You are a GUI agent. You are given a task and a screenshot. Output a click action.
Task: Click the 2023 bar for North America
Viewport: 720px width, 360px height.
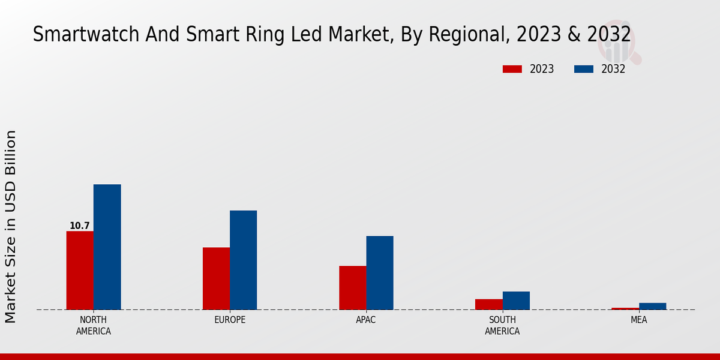(80, 270)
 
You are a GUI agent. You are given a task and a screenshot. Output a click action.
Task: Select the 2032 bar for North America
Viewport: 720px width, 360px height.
(107, 247)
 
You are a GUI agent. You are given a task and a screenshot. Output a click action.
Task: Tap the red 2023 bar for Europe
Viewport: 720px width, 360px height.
(216, 278)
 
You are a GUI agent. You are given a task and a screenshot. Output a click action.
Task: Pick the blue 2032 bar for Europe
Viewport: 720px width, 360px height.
(243, 260)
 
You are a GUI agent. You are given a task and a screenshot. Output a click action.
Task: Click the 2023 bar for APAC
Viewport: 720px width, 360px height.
(352, 287)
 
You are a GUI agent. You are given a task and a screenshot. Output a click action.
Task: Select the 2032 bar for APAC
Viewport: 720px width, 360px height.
(380, 272)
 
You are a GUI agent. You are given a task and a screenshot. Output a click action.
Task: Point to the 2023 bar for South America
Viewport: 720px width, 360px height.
(488, 304)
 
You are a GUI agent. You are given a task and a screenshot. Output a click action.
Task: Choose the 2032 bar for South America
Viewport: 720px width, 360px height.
(516, 301)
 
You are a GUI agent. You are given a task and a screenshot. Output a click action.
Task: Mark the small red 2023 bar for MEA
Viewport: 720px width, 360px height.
(625, 308)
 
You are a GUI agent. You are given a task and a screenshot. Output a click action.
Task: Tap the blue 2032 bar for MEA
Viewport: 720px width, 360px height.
(652, 306)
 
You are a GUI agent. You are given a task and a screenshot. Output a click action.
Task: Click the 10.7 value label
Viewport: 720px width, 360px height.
(79, 226)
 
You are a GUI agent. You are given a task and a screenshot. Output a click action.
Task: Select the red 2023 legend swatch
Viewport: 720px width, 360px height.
(512, 69)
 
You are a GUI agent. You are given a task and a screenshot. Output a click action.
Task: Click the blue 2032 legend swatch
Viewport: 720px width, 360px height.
(583, 69)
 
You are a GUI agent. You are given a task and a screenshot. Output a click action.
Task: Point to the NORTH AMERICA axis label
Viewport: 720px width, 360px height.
(94, 325)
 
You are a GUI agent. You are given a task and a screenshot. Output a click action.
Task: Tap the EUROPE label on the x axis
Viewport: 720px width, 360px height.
(230, 320)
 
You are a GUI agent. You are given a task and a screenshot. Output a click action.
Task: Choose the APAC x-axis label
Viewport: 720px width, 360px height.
(366, 320)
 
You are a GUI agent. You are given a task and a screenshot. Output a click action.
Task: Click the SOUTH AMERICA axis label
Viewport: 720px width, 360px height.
(502, 325)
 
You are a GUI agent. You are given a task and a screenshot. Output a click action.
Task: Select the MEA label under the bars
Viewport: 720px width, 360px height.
(638, 320)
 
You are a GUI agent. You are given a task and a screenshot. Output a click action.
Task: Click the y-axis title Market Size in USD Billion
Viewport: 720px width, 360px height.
(11, 227)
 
